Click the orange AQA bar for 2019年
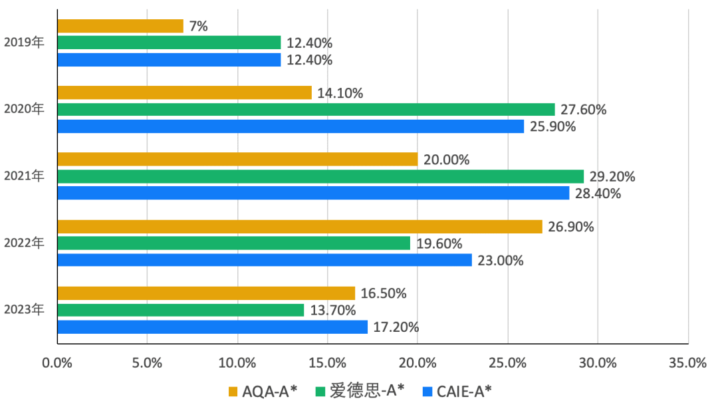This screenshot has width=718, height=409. (x=120, y=26)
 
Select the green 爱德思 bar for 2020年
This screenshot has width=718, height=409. (x=306, y=110)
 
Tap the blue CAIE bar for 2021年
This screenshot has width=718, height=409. (x=313, y=193)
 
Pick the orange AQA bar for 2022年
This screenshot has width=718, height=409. (x=300, y=227)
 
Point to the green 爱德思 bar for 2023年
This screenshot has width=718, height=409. (x=180, y=310)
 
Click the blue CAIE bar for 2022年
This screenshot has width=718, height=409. (x=265, y=260)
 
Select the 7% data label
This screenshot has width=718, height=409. (x=199, y=27)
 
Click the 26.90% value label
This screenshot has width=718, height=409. (x=571, y=227)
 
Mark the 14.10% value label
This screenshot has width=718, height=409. (x=340, y=93)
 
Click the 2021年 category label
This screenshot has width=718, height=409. (x=24, y=177)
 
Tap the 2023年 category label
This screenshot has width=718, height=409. (x=24, y=310)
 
